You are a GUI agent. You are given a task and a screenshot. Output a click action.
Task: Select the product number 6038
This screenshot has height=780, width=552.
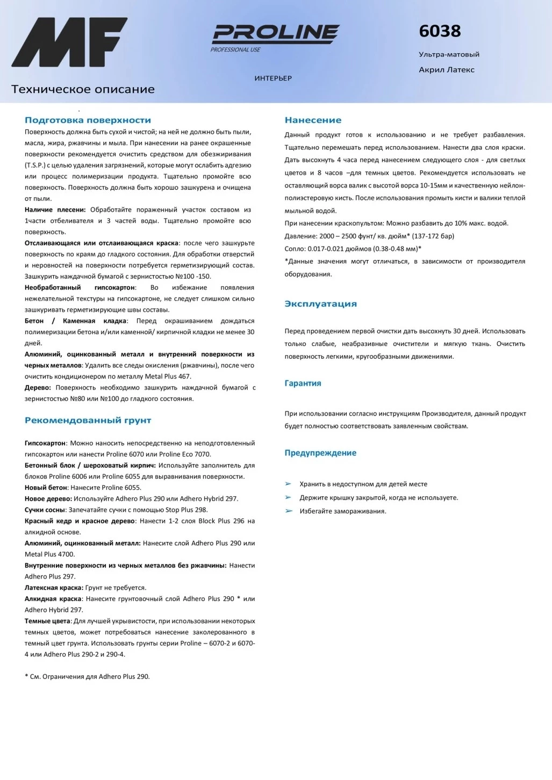(x=440, y=31)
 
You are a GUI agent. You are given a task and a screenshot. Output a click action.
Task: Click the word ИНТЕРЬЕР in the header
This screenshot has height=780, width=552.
(x=273, y=78)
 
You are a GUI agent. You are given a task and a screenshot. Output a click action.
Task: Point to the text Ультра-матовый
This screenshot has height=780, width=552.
(x=449, y=54)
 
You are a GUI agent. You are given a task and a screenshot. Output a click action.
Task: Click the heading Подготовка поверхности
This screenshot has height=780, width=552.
(x=88, y=120)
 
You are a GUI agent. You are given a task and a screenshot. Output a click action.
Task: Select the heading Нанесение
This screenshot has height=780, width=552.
(x=313, y=120)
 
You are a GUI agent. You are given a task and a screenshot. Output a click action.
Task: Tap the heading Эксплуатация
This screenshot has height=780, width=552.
(x=320, y=304)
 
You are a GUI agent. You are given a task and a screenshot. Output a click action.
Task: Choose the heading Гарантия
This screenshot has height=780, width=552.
(x=303, y=384)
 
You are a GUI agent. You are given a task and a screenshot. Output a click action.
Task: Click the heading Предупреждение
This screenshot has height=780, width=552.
(x=320, y=453)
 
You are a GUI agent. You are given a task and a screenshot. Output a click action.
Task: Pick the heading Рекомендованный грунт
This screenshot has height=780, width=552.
(x=88, y=421)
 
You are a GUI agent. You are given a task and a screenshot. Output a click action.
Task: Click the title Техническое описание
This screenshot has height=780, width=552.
(x=83, y=90)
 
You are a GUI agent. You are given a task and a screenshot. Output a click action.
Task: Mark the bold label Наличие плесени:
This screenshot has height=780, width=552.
(x=55, y=210)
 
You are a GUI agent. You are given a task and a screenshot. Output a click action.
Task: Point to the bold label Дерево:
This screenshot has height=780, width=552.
(x=38, y=388)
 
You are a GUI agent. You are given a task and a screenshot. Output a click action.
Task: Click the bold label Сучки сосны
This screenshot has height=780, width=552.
(x=45, y=510)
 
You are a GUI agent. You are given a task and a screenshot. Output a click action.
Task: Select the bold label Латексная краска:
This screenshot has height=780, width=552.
(x=54, y=588)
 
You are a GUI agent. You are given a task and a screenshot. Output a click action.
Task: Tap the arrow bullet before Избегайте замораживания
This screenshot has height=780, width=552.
(x=289, y=511)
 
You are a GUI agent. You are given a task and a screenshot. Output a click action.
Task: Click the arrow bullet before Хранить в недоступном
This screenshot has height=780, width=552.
(x=289, y=484)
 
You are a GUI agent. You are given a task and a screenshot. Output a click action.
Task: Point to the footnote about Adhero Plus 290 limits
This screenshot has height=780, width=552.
(x=87, y=677)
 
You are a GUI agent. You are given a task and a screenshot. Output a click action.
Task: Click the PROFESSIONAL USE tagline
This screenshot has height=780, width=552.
(x=235, y=50)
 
